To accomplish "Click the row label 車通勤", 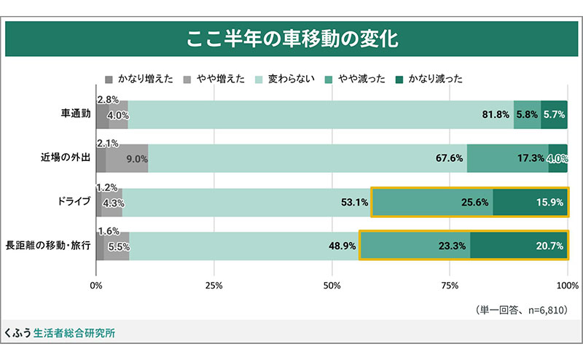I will coord(75,114).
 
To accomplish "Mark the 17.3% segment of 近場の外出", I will coord(507,158).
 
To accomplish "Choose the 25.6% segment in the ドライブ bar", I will coord(433,202).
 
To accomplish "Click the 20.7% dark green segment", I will coord(518,246).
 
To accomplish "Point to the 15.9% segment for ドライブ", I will coord(530,202).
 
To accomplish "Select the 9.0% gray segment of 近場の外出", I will coord(128,158).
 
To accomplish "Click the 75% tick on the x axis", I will coord(450,285).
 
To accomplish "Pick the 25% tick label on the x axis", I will coord(214,285).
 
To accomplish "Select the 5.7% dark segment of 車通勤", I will coord(555,115).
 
